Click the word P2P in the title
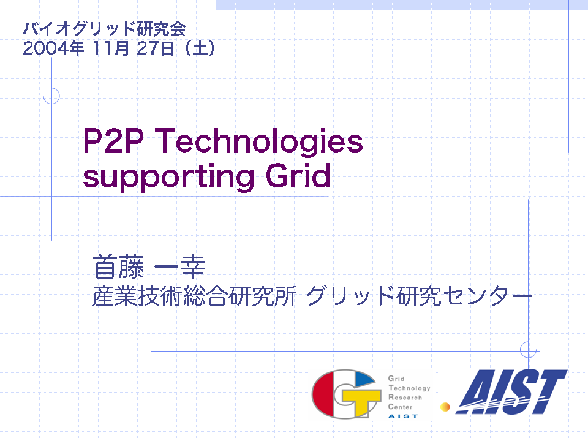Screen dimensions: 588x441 coord(113,141)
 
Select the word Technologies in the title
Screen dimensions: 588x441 coord(258,141)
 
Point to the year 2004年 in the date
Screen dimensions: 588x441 coord(53,48)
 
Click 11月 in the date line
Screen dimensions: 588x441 coord(111,48)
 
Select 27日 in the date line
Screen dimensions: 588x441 coord(156,48)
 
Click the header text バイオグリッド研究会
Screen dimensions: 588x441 coord(104,29)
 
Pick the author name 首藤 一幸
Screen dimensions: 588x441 coord(148,266)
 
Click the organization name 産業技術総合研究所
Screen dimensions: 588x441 coord(194,296)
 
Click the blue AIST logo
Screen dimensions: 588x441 coord(511,392)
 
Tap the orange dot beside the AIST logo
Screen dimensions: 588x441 coord(445,407)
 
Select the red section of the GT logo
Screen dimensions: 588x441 coord(323,394)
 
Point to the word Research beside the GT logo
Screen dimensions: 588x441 coord(405,398)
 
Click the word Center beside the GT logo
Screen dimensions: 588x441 coord(400,407)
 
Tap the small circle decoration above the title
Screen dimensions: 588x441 coord(51,96)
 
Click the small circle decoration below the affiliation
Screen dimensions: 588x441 coord(529,350)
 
